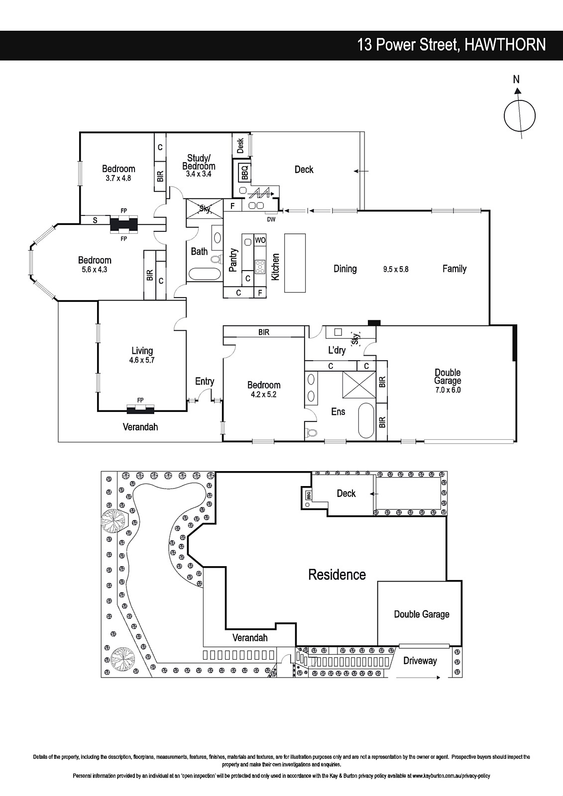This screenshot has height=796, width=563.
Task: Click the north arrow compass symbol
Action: (519, 116)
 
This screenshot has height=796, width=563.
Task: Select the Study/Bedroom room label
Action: (199, 162)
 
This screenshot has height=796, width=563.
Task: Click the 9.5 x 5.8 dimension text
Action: (395, 269)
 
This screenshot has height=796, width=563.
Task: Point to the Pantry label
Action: (233, 260)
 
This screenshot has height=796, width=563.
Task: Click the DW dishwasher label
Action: (271, 219)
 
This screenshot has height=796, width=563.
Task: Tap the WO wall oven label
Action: (260, 240)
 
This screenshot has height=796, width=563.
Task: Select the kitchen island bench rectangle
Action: (295, 263)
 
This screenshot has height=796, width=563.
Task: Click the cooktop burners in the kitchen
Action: (260, 266)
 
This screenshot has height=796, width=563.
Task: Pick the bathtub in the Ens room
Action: (366, 421)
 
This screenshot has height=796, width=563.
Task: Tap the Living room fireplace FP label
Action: (140, 400)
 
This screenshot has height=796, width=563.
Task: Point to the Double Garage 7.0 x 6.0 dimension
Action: (448, 390)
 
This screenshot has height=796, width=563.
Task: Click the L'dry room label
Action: (337, 350)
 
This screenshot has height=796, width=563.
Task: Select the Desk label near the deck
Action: (240, 146)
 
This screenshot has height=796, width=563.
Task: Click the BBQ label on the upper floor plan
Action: (245, 172)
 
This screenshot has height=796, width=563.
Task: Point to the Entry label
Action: (205, 382)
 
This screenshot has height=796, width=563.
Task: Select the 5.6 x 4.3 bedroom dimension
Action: (94, 270)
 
